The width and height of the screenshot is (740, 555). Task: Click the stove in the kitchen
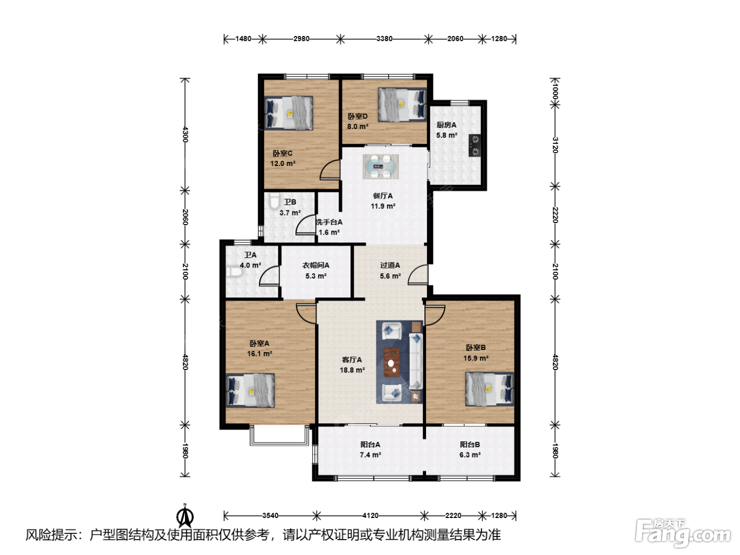click(474, 145)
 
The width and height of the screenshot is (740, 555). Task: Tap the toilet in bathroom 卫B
click(275, 201)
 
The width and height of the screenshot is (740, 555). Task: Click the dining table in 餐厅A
click(381, 166)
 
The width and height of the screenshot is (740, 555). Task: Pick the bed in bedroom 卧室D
click(402, 105)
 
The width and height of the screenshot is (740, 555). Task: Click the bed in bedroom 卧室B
click(489, 389)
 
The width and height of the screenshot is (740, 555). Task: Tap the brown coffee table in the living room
click(392, 362)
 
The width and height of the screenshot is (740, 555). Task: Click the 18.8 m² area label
click(352, 370)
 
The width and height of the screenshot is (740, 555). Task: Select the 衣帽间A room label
click(316, 265)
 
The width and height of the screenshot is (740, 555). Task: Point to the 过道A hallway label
click(390, 265)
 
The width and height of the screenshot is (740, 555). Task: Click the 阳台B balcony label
click(469, 445)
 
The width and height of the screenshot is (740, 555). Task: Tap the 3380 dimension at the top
click(384, 39)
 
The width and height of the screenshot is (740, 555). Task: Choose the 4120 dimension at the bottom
click(370, 515)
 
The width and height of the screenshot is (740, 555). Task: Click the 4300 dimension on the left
click(185, 134)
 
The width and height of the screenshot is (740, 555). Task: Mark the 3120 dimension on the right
click(555, 145)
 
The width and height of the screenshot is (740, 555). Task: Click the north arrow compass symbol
click(185, 516)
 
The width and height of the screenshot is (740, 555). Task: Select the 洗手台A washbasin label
click(329, 223)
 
